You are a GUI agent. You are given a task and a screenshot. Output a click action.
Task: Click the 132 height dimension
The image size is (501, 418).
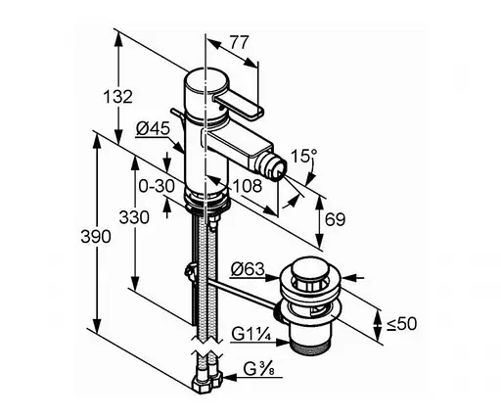coord(118,97)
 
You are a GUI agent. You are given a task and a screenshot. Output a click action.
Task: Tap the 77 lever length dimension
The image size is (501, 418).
coord(239,42)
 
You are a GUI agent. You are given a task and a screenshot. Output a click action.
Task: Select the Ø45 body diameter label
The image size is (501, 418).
coord(153,128)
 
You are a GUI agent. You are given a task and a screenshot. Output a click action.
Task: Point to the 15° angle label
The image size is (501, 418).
coord(303,156)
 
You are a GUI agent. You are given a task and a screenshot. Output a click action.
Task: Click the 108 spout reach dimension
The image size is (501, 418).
coord(248,186)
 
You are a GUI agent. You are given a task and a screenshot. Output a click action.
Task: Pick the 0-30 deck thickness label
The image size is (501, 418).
coord(157,186)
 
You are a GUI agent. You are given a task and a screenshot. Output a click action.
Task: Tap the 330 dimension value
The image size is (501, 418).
coord(134,217)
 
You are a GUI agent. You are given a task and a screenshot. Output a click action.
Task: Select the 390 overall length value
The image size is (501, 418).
coord(96,236)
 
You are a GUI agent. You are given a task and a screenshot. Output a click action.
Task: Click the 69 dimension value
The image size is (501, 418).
coord(335,219)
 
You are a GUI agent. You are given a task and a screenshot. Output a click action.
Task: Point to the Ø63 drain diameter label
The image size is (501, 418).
coord(248,270)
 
